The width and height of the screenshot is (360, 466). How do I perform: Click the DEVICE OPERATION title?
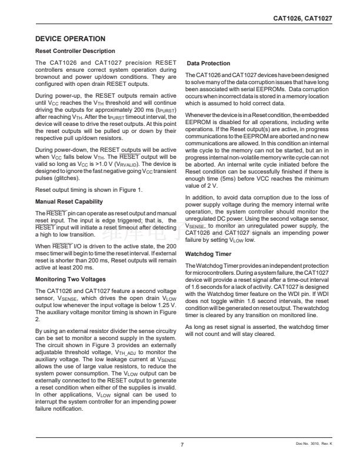coord(71,39)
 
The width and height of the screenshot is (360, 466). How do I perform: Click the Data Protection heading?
coord(208,63)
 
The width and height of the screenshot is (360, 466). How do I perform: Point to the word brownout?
coord(49,77)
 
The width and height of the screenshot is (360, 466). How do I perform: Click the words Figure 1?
coord(129,190)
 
